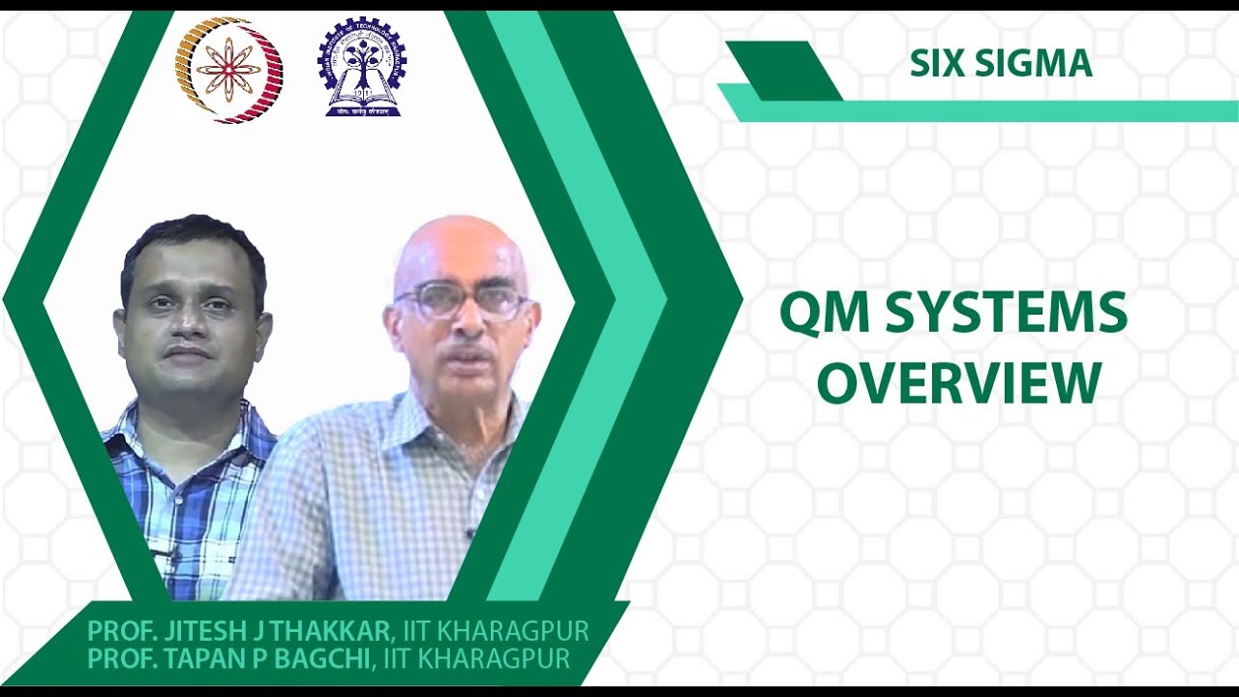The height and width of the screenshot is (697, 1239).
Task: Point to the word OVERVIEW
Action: tap(959, 382)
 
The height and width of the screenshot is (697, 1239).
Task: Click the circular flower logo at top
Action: tap(228, 70)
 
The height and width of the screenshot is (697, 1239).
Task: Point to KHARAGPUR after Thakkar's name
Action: tap(514, 632)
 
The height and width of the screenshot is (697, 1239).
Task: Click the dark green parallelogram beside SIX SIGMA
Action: tap(783, 70)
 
